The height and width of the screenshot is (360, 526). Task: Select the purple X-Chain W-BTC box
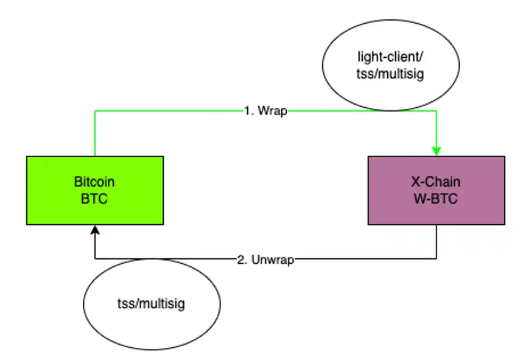[437, 207]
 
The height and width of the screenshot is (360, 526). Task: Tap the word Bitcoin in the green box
[94, 182]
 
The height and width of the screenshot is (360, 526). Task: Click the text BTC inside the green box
[94, 199]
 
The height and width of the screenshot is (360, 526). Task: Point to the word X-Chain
[437, 182]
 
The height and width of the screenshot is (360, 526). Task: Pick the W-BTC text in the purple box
[437, 199]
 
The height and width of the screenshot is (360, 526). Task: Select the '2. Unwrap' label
[265, 259]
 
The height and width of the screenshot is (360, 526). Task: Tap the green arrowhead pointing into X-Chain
[437, 150]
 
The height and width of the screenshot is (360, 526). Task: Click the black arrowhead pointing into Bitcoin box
[94, 230]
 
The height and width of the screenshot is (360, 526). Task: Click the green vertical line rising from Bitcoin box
[95, 134]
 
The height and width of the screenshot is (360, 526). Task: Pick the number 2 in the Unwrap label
[239, 259]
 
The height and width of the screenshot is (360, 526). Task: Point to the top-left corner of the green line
[95, 111]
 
